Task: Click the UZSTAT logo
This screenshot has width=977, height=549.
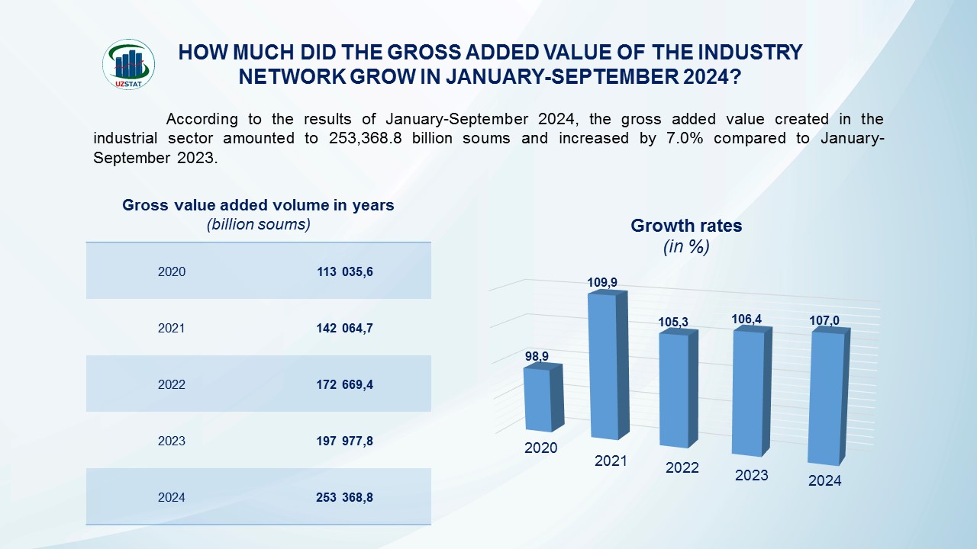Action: pos(128,64)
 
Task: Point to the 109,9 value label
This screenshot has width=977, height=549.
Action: pos(602,282)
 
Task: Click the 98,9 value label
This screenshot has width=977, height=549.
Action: pos(537,356)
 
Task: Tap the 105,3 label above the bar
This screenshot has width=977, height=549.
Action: pos(673,323)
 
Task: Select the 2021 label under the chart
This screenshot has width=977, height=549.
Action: pos(611,461)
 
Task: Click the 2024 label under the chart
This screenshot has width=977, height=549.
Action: pos(824,480)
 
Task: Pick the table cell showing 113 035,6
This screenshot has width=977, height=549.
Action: pos(345,271)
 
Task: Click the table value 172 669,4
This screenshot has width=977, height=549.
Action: pos(345,384)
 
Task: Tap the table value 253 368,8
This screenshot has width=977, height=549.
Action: pos(345,497)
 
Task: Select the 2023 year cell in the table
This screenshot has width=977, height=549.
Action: pos(172,441)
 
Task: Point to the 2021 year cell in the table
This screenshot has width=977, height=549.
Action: pos(172,328)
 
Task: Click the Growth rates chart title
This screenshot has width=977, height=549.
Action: pos(686,226)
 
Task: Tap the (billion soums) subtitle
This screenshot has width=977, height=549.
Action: pos(258,225)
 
